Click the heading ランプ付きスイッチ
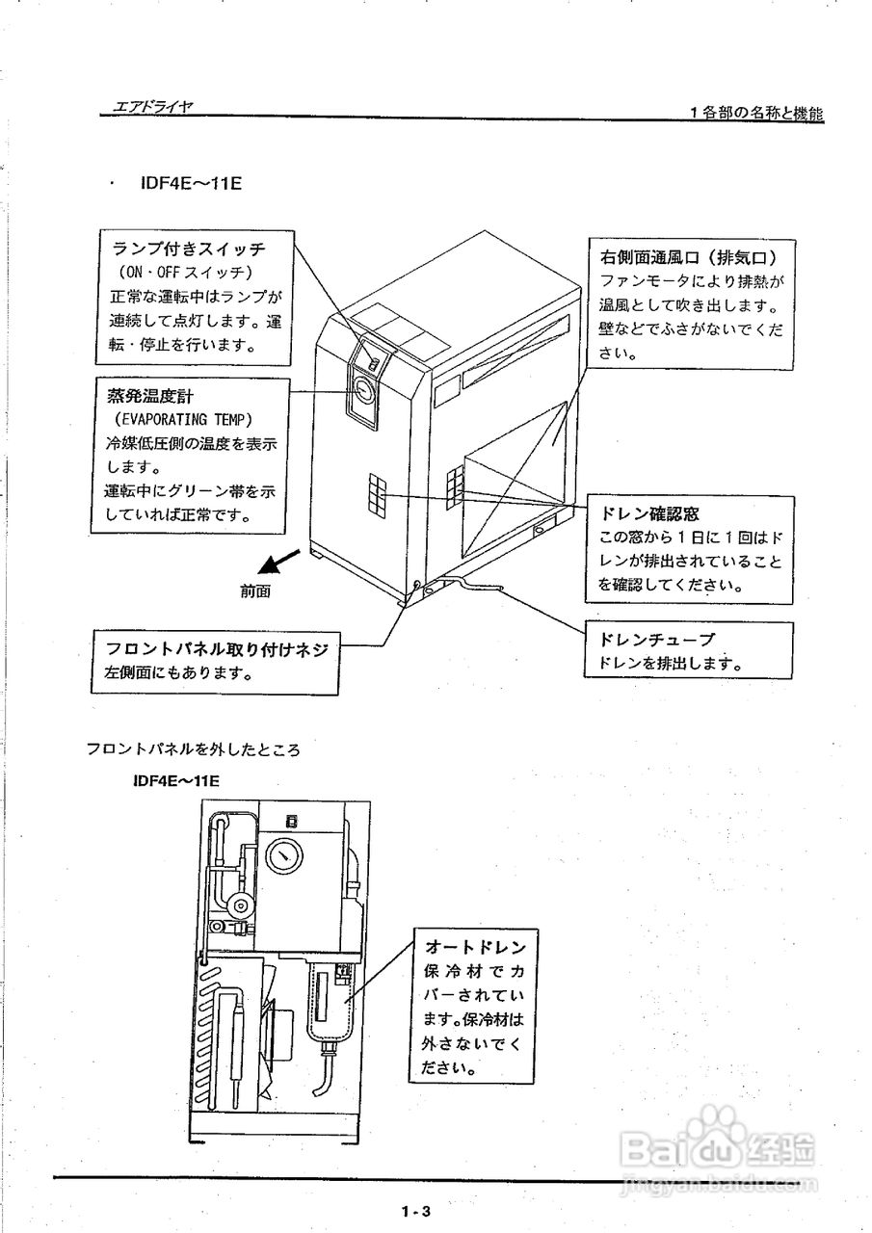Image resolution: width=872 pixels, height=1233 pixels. (x=189, y=249)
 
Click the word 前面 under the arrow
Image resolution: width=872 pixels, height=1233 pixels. (x=255, y=591)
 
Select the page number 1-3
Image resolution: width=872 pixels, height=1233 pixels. (x=415, y=1211)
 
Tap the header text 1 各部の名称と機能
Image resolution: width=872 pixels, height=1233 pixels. (x=755, y=113)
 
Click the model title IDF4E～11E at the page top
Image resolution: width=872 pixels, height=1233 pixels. (x=190, y=181)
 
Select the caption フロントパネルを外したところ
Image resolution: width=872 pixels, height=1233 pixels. (x=194, y=748)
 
